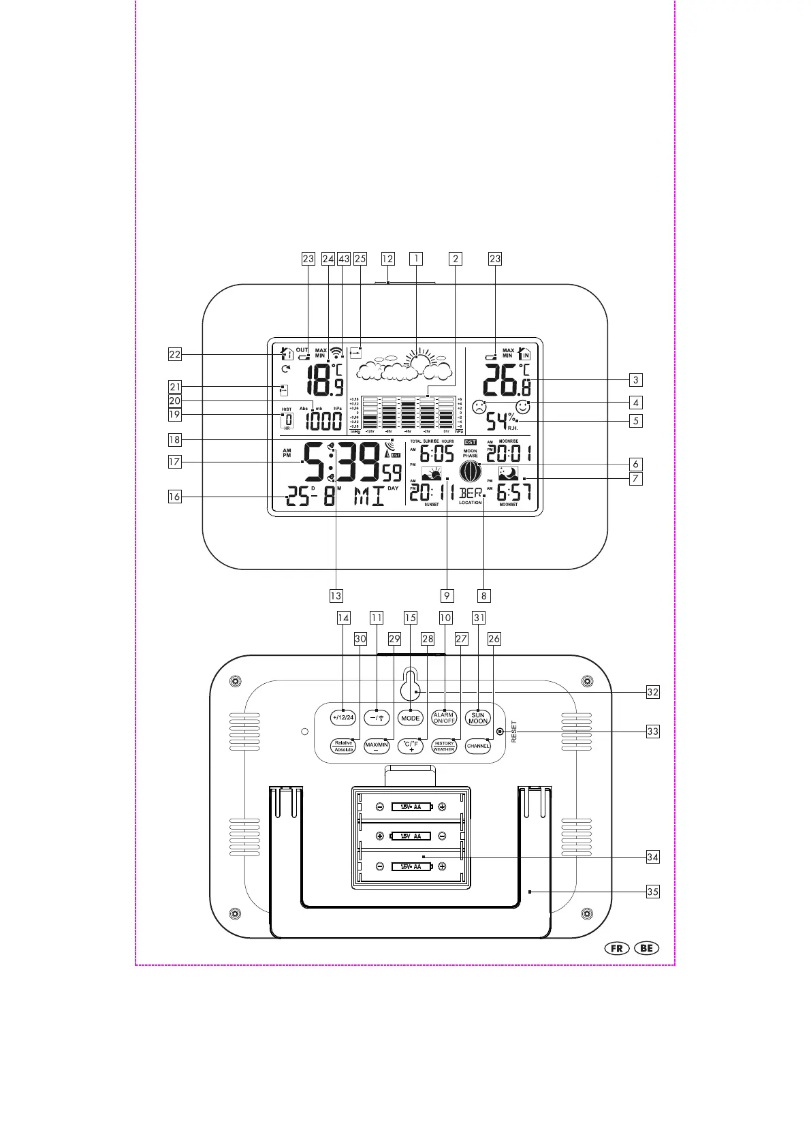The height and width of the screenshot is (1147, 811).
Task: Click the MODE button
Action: click(x=411, y=718)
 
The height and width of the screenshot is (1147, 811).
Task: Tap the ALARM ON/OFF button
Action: click(x=444, y=718)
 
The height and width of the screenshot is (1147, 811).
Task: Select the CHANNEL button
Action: click(x=478, y=746)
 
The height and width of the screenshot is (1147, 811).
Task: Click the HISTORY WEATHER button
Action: click(x=444, y=746)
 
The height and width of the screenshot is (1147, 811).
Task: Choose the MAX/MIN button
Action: click(x=377, y=746)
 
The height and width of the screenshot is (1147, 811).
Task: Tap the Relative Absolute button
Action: click(x=343, y=746)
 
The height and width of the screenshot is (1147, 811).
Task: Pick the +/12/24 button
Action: click(x=343, y=718)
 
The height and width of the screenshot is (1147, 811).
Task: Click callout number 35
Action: click(x=653, y=891)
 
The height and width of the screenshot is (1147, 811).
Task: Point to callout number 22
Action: click(x=175, y=354)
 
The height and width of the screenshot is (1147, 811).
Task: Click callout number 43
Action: click(x=344, y=259)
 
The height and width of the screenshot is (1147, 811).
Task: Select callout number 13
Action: click(x=336, y=595)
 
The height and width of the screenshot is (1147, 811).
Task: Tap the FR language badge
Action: click(x=618, y=948)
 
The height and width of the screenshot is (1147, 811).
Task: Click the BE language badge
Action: click(x=646, y=948)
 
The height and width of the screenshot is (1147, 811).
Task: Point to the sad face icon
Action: click(x=479, y=408)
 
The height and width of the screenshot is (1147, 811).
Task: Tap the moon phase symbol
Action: click(x=470, y=471)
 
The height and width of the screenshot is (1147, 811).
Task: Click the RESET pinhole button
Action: click(x=500, y=732)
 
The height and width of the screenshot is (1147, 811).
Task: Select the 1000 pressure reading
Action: click(x=323, y=421)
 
